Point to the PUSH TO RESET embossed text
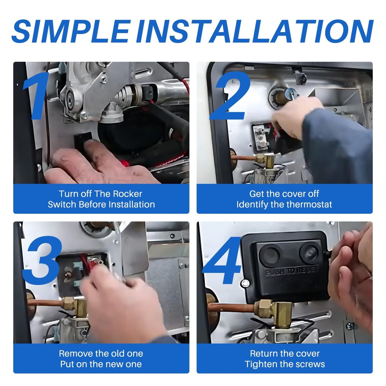click(292, 270)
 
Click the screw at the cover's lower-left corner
click(245, 283)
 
